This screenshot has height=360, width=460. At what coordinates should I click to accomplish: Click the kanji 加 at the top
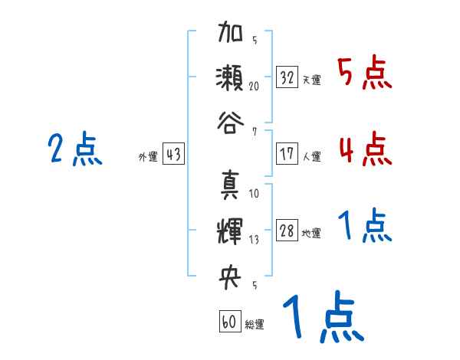coord(231,34)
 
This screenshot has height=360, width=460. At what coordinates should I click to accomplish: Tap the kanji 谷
coord(231,122)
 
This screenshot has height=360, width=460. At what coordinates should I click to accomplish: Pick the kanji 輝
coord(231,230)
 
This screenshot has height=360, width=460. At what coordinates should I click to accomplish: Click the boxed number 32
coord(287,77)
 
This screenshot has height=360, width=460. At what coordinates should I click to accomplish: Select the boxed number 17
coord(287,153)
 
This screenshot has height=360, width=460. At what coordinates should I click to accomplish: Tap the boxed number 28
coord(287,231)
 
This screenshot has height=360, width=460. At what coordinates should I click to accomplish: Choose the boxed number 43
coord(173,155)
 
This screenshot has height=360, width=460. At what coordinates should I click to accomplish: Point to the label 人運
coord(312,156)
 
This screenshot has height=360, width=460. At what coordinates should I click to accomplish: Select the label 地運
coord(312,234)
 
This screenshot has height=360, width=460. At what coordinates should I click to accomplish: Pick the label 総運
coord(255,324)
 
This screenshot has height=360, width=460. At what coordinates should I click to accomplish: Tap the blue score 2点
coord(75,149)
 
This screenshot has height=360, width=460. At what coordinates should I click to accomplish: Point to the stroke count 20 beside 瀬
coord(254,87)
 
